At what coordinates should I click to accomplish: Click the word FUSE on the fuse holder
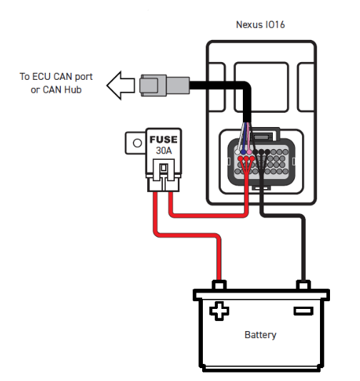click(164, 139)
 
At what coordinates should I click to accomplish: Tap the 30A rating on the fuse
click(164, 151)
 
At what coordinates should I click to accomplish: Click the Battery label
click(260, 335)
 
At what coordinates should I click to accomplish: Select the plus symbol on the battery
click(219, 311)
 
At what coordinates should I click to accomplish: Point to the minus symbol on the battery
click(304, 311)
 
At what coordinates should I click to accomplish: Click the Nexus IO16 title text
click(260, 24)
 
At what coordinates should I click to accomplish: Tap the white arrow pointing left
click(121, 86)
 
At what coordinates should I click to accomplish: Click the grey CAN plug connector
click(165, 86)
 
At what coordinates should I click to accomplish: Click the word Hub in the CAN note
click(73, 90)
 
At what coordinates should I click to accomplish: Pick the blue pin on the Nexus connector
click(243, 152)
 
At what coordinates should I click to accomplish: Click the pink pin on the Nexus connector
click(249, 152)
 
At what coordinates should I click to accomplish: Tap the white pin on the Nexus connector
click(237, 152)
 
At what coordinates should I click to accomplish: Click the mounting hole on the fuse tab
click(137, 143)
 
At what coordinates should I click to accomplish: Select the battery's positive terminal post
click(219, 285)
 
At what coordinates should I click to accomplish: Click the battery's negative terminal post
click(304, 285)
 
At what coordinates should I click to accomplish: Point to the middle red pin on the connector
click(246, 158)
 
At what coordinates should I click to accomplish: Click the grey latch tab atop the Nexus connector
click(261, 137)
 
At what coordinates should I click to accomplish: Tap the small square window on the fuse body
click(164, 168)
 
